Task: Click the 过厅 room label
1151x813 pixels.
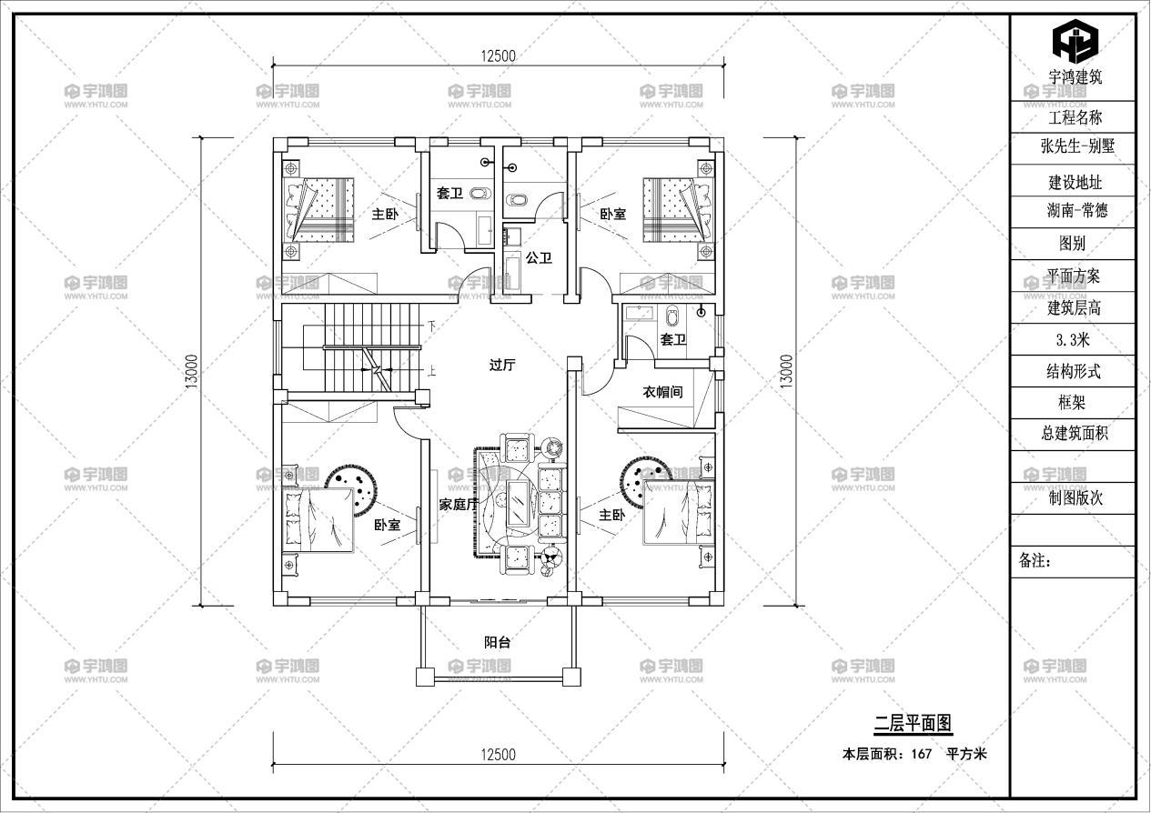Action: (x=502, y=366)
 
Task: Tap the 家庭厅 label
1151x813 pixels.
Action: (x=459, y=505)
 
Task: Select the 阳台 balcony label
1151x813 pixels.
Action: (x=497, y=642)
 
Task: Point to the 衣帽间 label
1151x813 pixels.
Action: (x=662, y=392)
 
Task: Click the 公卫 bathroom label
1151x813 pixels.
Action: (x=539, y=258)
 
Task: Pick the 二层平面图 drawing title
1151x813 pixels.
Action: (x=914, y=723)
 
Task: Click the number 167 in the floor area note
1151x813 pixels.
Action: (x=922, y=753)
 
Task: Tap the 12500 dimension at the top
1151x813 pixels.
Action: (x=498, y=56)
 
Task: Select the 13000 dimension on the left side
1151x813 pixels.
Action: (x=191, y=371)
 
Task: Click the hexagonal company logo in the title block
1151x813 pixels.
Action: (x=1075, y=39)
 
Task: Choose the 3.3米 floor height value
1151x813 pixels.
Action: (x=1073, y=339)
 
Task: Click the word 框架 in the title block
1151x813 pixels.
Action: (x=1071, y=403)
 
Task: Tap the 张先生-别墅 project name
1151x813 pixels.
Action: (x=1077, y=146)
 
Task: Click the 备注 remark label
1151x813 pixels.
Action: (x=1034, y=561)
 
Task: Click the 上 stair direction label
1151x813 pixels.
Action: (x=431, y=370)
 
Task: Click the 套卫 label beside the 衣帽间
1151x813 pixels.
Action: (x=672, y=339)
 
